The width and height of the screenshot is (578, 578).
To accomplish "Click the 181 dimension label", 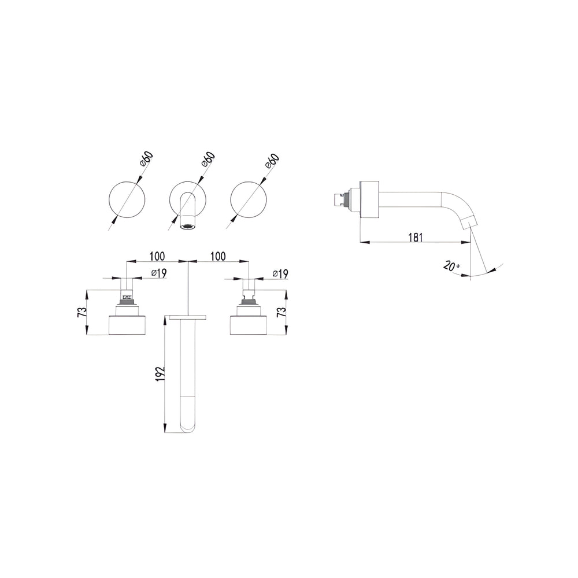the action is coord(416,238).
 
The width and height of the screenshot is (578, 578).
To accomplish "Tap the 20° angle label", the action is coord(451,266).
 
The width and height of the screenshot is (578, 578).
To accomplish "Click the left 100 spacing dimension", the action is coord(157,256).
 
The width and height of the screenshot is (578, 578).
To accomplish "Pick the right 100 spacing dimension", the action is coord(218,256).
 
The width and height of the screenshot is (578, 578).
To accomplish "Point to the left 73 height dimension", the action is coord(82,312).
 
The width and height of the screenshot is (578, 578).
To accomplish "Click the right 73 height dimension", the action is coord(281,312).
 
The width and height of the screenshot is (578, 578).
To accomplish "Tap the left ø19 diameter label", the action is coord(159,273).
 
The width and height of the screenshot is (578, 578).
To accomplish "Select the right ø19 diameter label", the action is coord(280,273).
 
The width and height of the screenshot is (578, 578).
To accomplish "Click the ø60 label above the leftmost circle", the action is coord(147,160).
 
